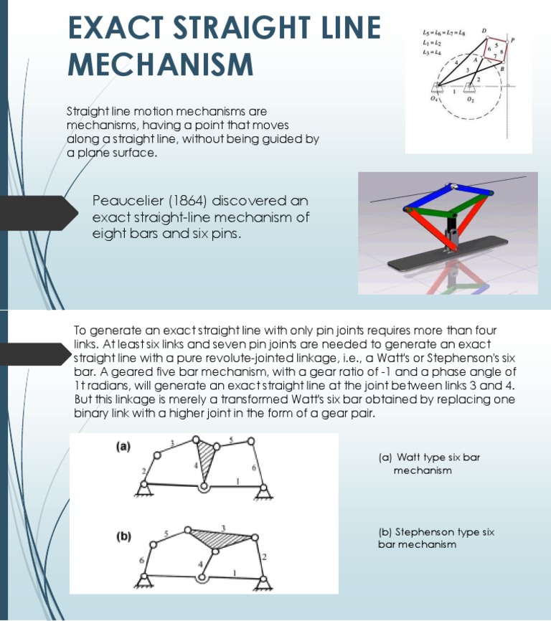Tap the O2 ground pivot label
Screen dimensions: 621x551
470,101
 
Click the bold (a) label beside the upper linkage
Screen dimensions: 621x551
123,446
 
